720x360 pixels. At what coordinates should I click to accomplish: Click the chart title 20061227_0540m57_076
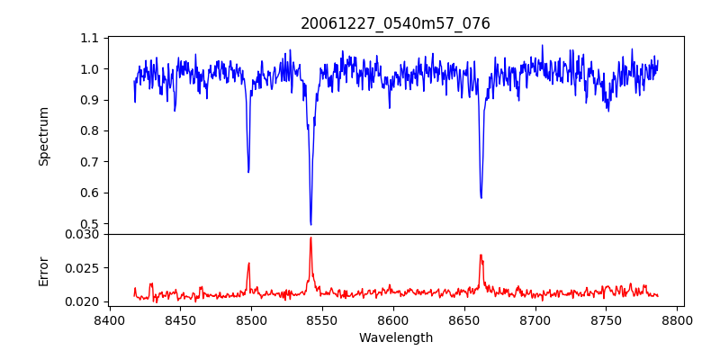(395, 23)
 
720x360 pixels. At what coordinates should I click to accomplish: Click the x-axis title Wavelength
(395, 338)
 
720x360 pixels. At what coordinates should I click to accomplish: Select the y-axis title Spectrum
(43, 136)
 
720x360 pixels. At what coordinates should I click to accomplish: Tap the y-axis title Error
(43, 267)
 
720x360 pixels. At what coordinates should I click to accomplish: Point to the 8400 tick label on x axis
(109, 319)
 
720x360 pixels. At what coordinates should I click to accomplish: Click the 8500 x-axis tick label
(251, 319)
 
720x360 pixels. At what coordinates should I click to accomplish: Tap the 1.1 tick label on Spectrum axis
(90, 38)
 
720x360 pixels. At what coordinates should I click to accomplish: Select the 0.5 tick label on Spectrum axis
(90, 224)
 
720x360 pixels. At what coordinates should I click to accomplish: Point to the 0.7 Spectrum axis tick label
(90, 162)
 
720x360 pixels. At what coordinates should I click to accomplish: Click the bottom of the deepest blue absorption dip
(310, 224)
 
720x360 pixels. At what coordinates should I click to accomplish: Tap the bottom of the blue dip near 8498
(248, 171)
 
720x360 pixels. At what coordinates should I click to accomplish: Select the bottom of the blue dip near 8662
(481, 197)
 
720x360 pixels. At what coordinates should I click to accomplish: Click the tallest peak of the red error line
(310, 238)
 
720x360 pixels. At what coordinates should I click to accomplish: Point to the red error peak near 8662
(481, 255)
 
